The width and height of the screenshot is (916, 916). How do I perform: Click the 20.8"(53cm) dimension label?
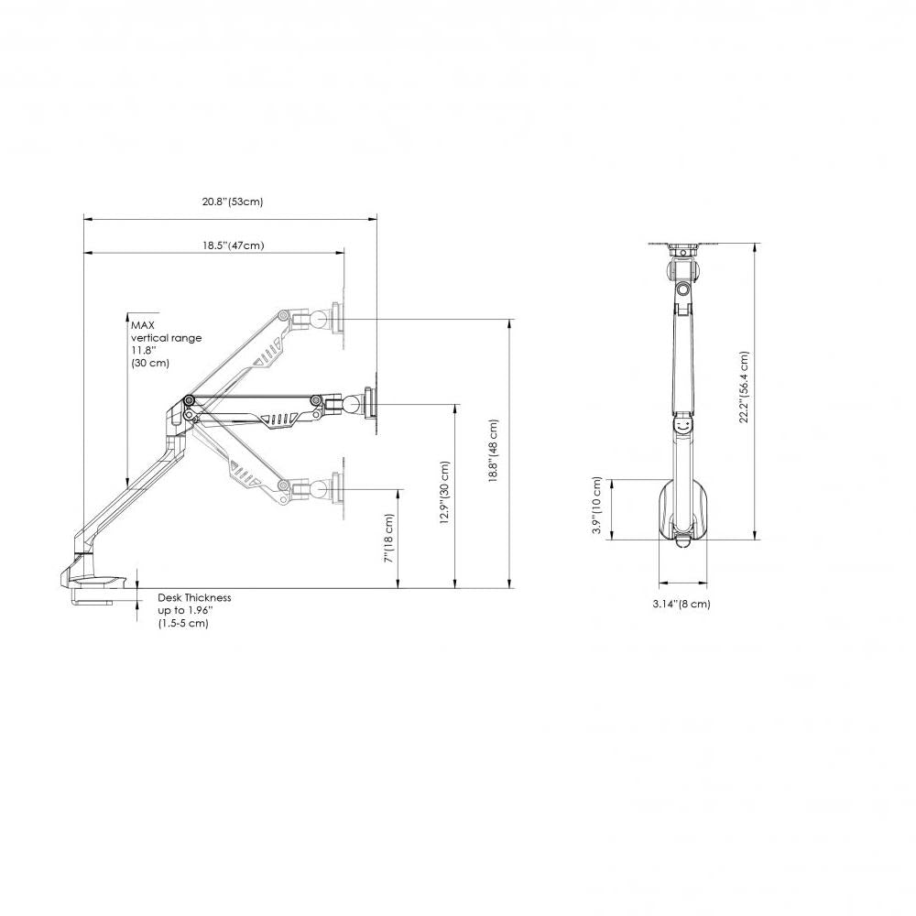click(233, 202)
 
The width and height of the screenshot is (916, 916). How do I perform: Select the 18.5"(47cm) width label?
click(233, 245)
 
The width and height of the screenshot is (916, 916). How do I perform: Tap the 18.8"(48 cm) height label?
click(494, 453)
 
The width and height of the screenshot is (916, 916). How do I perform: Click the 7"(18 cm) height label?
click(388, 539)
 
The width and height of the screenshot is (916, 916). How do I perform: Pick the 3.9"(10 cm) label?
click(597, 506)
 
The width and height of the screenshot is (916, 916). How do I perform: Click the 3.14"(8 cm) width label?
click(681, 604)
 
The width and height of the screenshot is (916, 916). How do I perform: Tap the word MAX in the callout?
click(142, 324)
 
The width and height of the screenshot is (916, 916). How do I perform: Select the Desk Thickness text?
click(194, 597)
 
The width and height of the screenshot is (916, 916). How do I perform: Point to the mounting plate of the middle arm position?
click(370, 402)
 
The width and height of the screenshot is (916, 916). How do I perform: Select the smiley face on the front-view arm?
click(683, 426)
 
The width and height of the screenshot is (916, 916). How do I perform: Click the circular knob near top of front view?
click(683, 289)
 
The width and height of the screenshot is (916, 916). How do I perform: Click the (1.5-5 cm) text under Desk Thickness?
click(183, 623)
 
